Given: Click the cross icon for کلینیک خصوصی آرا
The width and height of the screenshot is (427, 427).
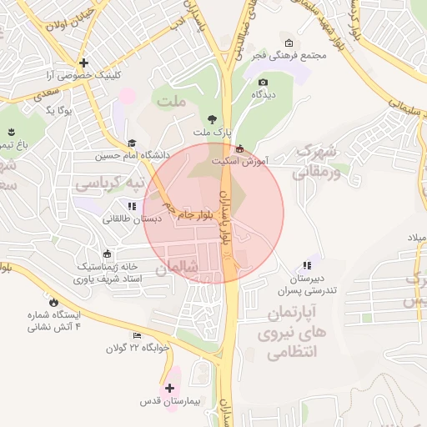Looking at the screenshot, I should coord(83,63).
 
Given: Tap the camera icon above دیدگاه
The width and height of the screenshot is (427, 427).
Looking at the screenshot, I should coord(264,82).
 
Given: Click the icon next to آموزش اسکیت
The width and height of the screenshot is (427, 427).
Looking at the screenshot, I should coord(241,148).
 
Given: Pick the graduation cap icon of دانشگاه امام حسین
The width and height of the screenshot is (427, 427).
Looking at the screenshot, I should coord(132,143).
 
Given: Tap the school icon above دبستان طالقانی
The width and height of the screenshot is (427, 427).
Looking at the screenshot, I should coord(131,206).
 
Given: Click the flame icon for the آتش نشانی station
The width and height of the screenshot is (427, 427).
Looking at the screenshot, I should coord(54,301).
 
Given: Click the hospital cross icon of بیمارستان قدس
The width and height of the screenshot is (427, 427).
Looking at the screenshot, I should coord(169,388).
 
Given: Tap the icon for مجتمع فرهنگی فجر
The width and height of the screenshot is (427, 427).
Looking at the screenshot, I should coord(289,43).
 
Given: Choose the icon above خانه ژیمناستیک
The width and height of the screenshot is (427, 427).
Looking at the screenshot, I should coord(106,254).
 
